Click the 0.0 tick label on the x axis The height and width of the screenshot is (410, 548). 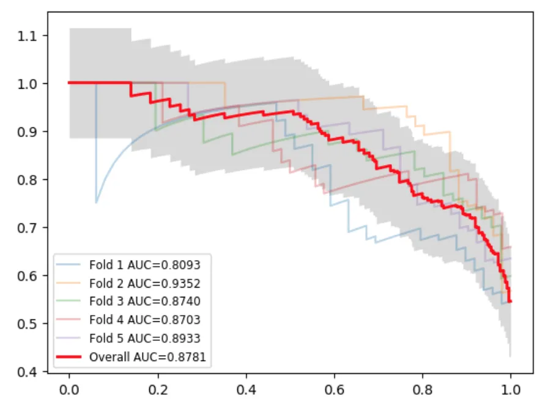(x=69, y=389)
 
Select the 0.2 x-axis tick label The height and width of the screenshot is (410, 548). (x=158, y=389)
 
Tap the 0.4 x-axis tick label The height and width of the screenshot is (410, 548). (x=246, y=389)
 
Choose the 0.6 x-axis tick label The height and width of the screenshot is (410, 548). (x=334, y=389)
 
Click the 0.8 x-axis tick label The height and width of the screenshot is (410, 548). (x=423, y=389)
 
